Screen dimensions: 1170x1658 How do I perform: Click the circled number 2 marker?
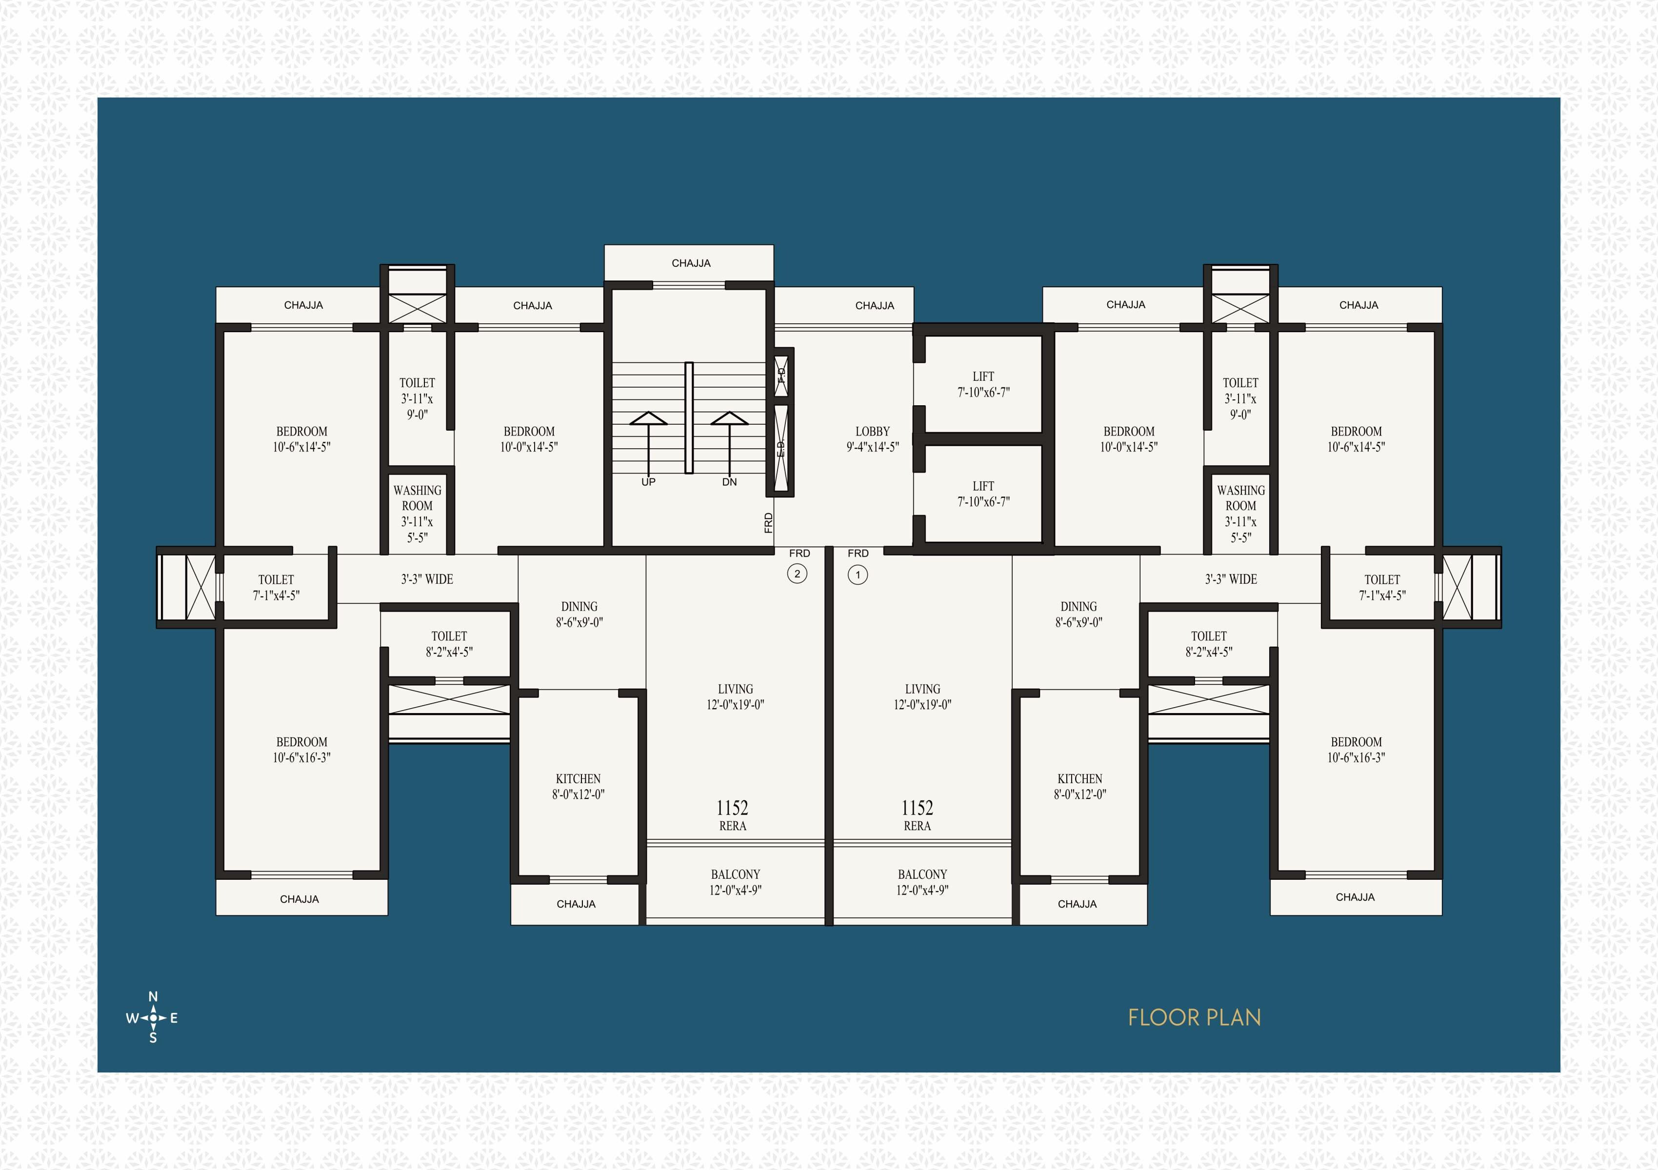click(x=797, y=575)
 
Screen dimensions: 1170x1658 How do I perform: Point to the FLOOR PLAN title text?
click(x=1195, y=1018)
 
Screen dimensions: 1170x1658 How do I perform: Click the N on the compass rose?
click(x=153, y=997)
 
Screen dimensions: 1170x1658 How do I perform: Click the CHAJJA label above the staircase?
click(x=691, y=263)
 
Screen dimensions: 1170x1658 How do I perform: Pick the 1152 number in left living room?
click(x=732, y=808)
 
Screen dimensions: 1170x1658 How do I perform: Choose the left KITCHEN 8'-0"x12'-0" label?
click(x=578, y=787)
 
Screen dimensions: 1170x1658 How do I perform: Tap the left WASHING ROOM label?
click(x=418, y=498)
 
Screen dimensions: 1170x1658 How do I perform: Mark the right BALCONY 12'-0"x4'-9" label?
click(x=922, y=882)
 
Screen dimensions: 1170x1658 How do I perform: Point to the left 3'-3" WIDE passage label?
click(x=427, y=579)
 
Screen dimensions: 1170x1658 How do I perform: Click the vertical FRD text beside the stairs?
click(x=768, y=523)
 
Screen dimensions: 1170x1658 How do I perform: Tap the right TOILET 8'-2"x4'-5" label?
click(x=1208, y=644)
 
